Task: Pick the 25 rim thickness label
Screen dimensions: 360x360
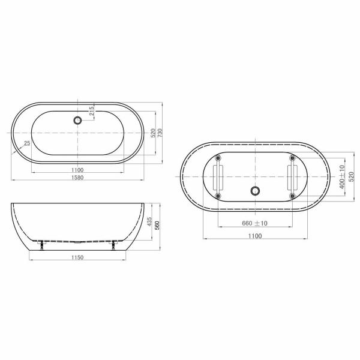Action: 27,143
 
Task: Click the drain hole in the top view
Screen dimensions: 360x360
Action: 77,121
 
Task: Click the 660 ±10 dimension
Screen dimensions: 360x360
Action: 255,223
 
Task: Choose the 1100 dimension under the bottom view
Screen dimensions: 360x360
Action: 255,236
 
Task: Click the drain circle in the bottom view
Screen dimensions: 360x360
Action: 255,191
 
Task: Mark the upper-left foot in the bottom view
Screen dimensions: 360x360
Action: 218,158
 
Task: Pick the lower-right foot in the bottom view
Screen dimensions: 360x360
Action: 292,196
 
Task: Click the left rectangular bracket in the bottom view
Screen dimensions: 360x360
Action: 218,177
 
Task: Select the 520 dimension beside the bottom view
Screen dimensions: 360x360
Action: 352,177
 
